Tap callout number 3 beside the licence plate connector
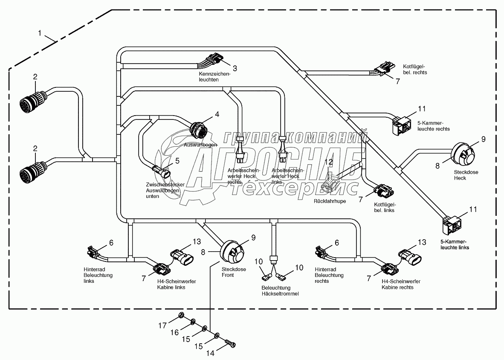[x=234, y=68]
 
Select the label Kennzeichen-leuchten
[x=214, y=77]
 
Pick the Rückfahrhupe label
[x=330, y=200]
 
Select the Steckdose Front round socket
[x=232, y=250]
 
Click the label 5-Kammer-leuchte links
[x=455, y=244]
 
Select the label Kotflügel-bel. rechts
[x=415, y=69]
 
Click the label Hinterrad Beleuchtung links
[x=98, y=275]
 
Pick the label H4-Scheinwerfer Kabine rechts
[x=401, y=284]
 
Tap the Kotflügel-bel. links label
[x=385, y=207]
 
